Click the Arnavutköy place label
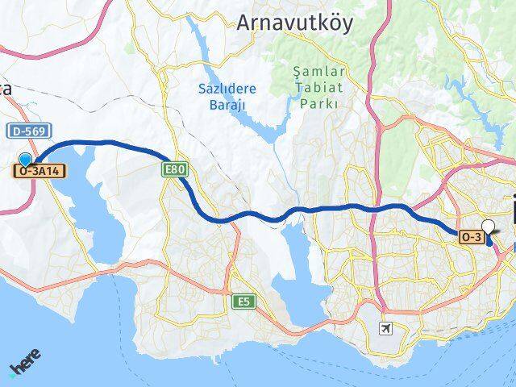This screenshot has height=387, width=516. pyautogui.click(x=294, y=23)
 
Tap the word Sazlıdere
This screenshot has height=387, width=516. pyautogui.click(x=227, y=89)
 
